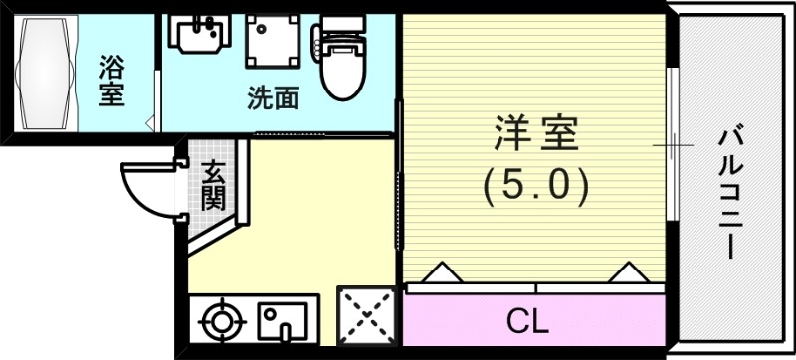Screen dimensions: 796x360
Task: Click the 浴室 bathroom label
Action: [111, 84]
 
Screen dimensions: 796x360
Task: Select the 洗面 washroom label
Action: [273, 98]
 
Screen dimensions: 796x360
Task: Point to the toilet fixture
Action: [340, 62]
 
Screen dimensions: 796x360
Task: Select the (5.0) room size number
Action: [536, 184]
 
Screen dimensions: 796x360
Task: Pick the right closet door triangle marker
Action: [627, 271]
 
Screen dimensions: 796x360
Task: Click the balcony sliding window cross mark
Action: [674, 145]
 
